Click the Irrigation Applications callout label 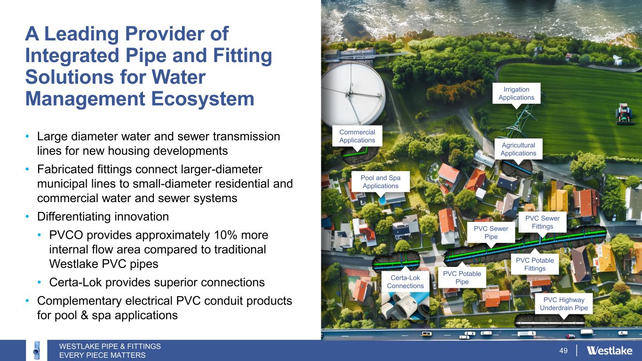516,94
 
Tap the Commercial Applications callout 357,136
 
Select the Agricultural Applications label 518,149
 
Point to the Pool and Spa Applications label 380,181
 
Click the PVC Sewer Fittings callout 542,222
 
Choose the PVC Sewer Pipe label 491,232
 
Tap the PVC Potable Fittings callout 535,264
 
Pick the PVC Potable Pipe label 462,277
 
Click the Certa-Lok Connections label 405,282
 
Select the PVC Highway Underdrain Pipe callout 564,304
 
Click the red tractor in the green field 623,114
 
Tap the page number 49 563,350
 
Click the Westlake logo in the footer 609,350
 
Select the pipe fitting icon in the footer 36,350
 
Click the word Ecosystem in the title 202,99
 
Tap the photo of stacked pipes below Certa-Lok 405,306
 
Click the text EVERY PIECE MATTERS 103,355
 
